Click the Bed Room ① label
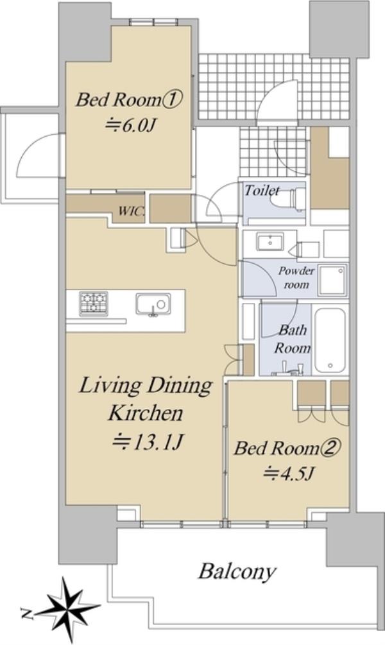(x=129, y=99)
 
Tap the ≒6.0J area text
(x=129, y=125)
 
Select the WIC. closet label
(x=132, y=211)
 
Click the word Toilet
(x=262, y=191)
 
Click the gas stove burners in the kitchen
(x=94, y=304)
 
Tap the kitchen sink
(x=153, y=305)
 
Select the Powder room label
(x=296, y=277)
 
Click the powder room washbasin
(x=270, y=241)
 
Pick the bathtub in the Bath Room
(x=330, y=340)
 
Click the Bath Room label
(x=293, y=339)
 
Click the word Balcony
(x=237, y=572)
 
